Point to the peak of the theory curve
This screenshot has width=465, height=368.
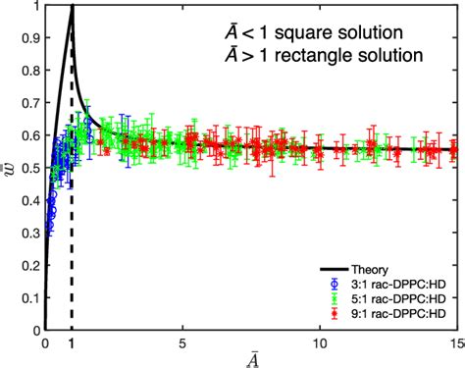(72, 8)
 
